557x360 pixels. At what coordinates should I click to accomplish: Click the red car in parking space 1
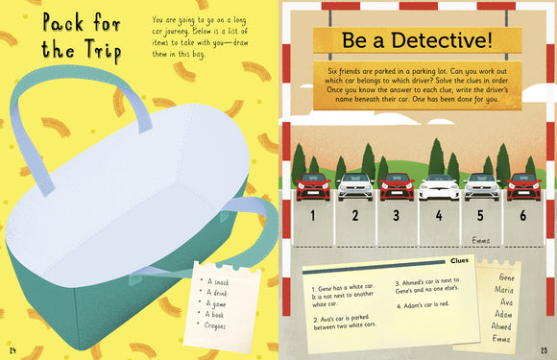312,185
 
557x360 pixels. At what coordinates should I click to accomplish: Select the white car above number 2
354,185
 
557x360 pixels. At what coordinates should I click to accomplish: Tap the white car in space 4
439,185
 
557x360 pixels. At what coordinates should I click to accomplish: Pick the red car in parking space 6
522,185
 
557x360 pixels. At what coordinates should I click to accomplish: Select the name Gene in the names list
501,276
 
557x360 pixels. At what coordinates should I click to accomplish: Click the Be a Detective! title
416,42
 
